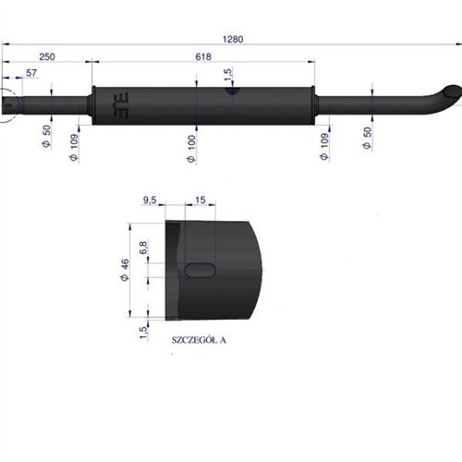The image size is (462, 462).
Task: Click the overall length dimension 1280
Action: click(x=232, y=39)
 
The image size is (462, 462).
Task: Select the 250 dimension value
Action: click(x=47, y=57)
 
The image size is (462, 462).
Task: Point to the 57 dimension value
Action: click(x=31, y=73)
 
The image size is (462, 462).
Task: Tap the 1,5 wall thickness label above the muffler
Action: click(x=227, y=72)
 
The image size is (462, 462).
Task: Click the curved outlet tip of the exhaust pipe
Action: click(x=448, y=93)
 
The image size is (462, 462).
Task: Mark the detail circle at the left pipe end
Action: click(x=7, y=105)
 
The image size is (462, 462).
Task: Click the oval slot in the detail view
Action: click(x=201, y=269)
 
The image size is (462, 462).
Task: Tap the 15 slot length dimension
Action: click(x=201, y=200)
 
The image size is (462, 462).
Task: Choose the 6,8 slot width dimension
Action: click(x=142, y=249)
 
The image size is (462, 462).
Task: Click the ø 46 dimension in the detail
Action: click(x=123, y=271)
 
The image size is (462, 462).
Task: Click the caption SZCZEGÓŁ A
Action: click(x=199, y=339)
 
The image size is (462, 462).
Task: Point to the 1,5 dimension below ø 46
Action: click(x=142, y=331)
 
